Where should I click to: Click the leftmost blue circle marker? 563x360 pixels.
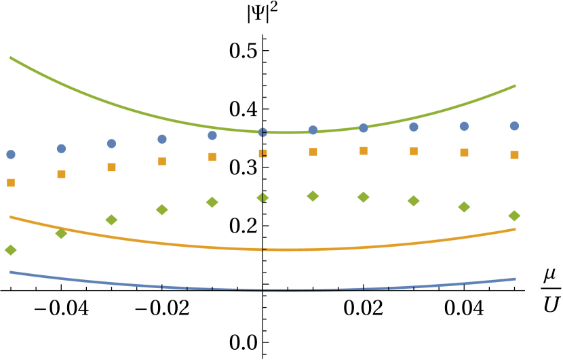click(x=11, y=155)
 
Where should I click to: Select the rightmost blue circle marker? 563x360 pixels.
click(x=514, y=126)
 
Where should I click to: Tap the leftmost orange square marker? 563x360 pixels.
click(x=11, y=182)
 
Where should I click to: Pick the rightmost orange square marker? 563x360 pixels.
click(x=514, y=155)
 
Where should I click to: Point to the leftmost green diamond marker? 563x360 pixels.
click(x=11, y=250)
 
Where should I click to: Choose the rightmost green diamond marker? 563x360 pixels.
click(x=514, y=216)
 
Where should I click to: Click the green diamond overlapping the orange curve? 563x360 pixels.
click(x=61, y=233)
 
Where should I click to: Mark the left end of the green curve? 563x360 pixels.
click(x=10, y=58)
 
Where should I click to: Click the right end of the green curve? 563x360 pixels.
click(x=515, y=85)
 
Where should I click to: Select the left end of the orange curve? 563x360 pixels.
click(x=10, y=217)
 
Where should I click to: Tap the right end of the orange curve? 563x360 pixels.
click(x=515, y=229)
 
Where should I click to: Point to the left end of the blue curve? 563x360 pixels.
click(x=10, y=272)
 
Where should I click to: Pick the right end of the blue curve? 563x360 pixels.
click(x=515, y=279)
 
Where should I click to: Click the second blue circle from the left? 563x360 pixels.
click(x=61, y=148)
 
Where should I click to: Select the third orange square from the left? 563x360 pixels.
click(x=111, y=167)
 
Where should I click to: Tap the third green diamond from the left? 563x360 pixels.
click(x=111, y=220)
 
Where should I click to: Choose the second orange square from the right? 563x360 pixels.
click(x=464, y=153)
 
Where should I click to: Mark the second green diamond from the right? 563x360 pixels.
click(x=464, y=207)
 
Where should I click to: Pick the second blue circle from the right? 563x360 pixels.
click(x=464, y=126)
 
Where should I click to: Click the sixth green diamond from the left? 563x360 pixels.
click(x=263, y=197)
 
